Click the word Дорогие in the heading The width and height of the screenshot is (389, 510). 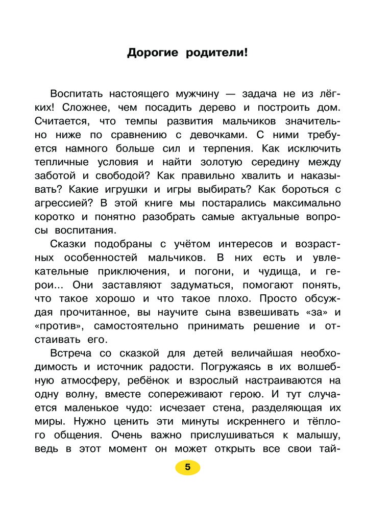tap(152, 53)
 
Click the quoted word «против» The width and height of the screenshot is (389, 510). tap(60, 325)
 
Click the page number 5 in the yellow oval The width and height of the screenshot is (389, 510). tap(187, 467)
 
